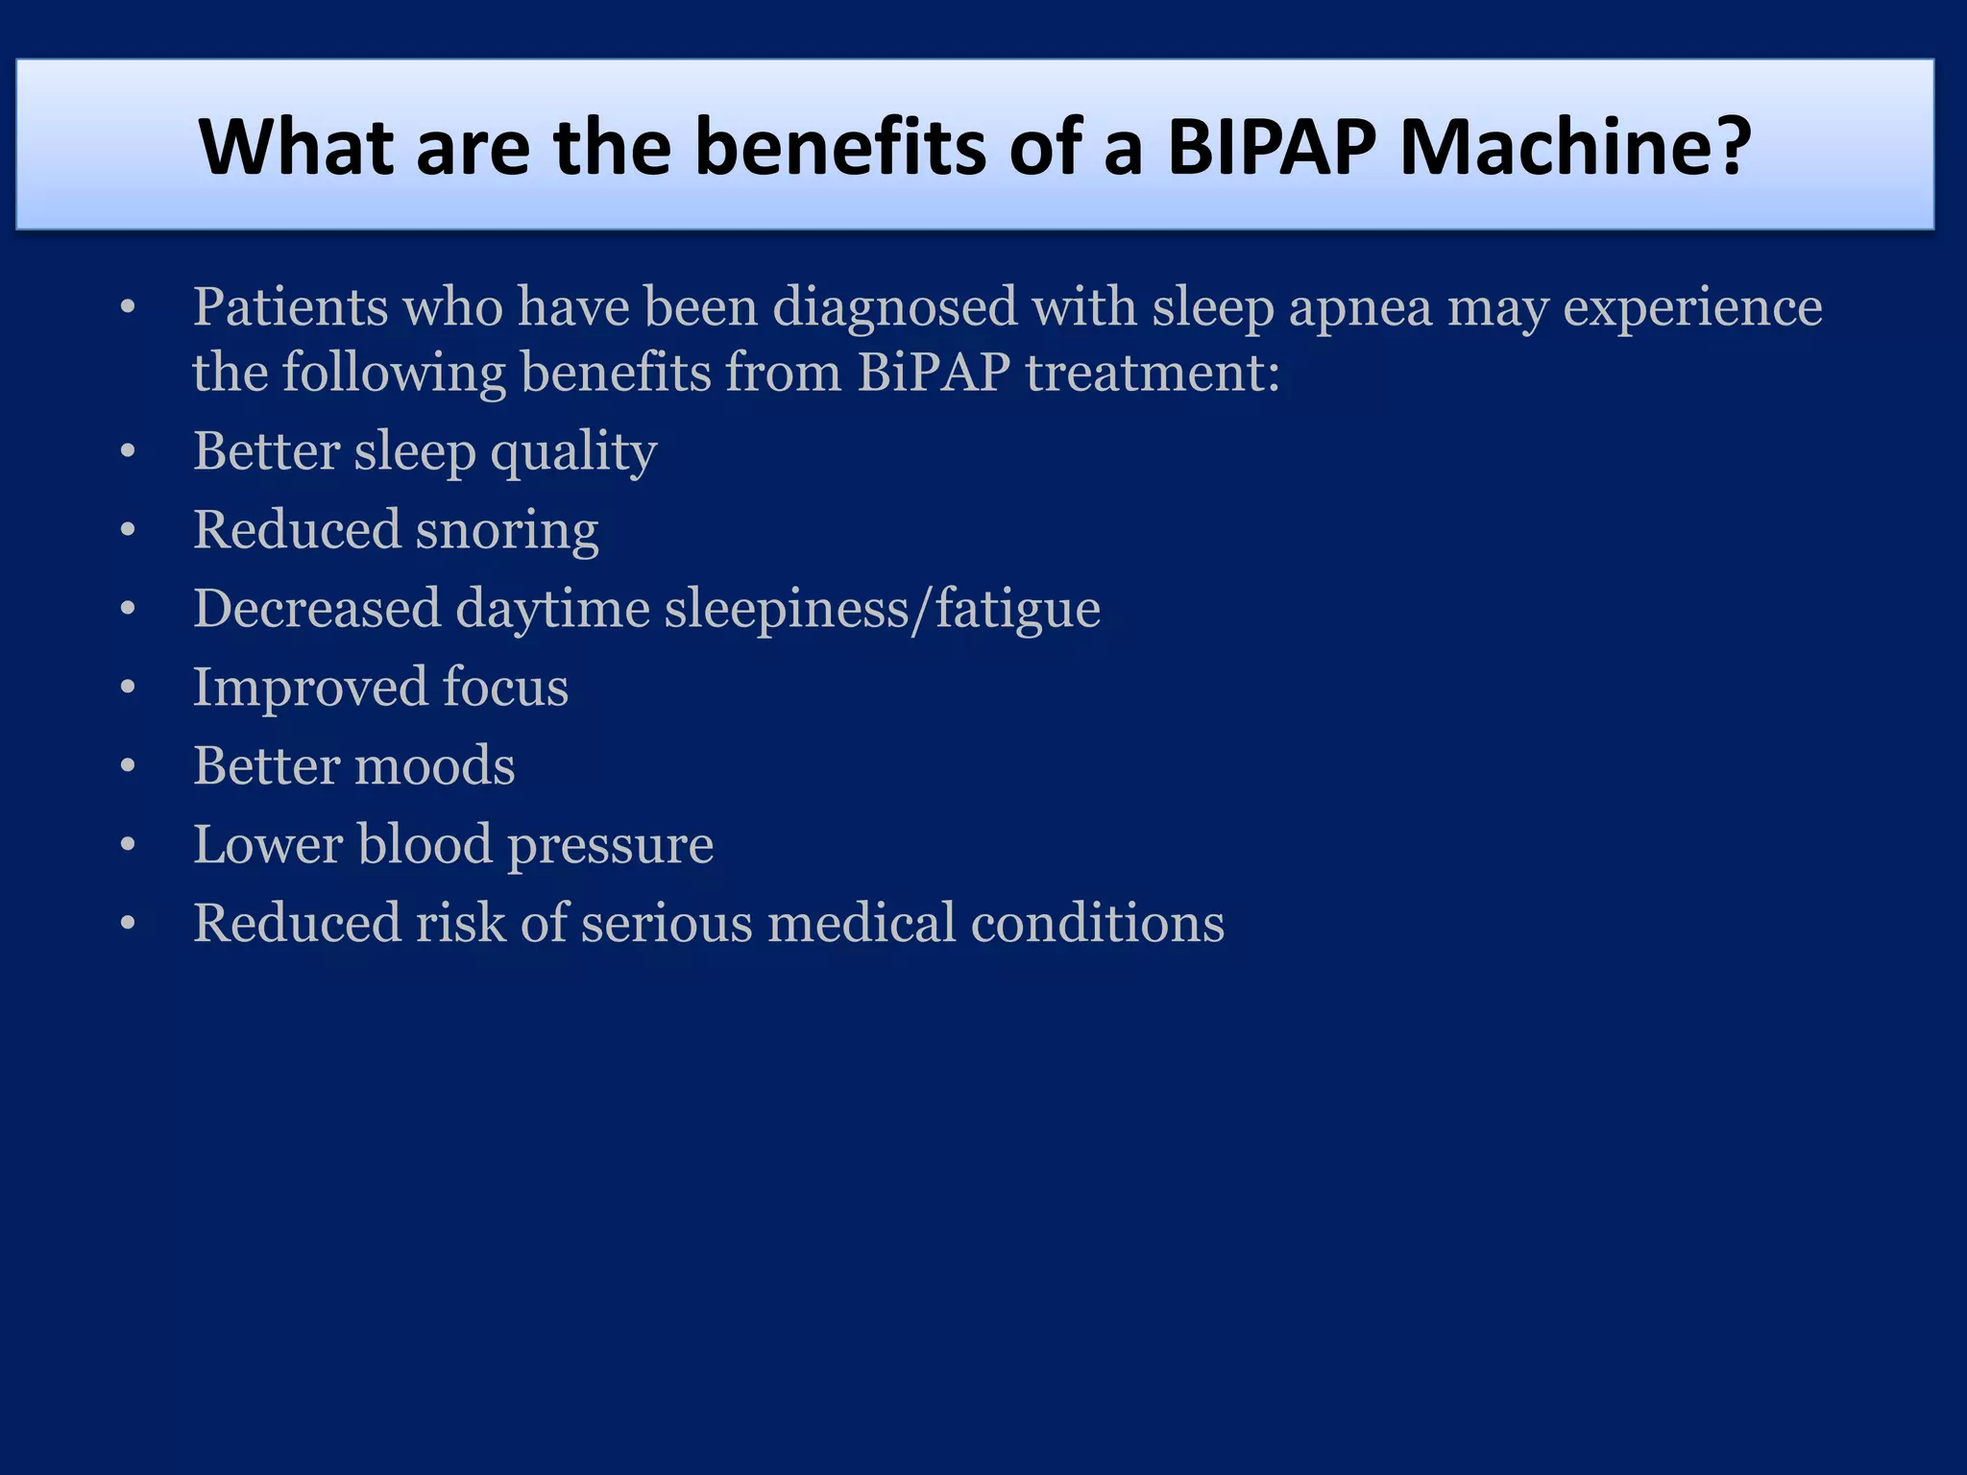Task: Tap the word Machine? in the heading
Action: [1575, 146]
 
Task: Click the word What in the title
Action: [296, 146]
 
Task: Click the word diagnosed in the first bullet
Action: [894, 309]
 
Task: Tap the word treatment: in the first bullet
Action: [1153, 373]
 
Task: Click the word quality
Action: [573, 453]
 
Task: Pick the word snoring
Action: [507, 532]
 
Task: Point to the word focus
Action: [505, 688]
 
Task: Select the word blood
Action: [425, 845]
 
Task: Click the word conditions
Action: [1097, 924]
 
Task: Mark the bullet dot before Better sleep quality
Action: [128, 451]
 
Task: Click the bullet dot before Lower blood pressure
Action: [128, 845]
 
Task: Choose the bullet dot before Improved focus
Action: [128, 688]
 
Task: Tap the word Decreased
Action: [317, 609]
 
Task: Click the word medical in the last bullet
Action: [861, 924]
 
